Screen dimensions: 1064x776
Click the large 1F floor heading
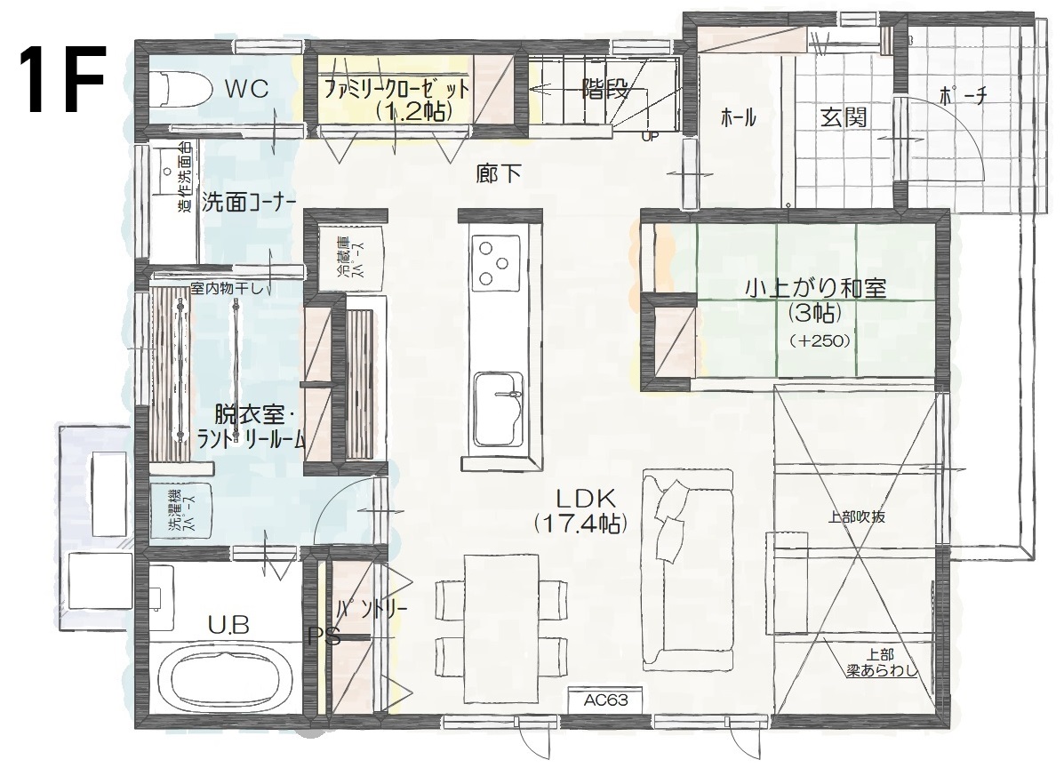[x=62, y=79]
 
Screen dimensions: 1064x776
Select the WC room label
[x=246, y=88]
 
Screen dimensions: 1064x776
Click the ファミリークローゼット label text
[x=396, y=88]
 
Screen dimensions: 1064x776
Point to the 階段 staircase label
[x=605, y=89]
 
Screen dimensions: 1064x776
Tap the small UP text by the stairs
[x=650, y=136]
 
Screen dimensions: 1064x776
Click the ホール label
[x=739, y=117]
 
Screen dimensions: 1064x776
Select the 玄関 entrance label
[x=844, y=116]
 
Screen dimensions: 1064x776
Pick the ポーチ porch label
[x=963, y=96]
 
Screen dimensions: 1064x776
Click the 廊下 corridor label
[x=498, y=173]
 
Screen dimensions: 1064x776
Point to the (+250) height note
[x=820, y=340]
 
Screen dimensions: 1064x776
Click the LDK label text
[x=586, y=500]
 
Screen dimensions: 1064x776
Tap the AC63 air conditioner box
[x=606, y=700]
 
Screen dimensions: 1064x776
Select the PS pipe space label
[x=324, y=637]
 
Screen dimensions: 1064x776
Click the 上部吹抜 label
[x=856, y=516]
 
